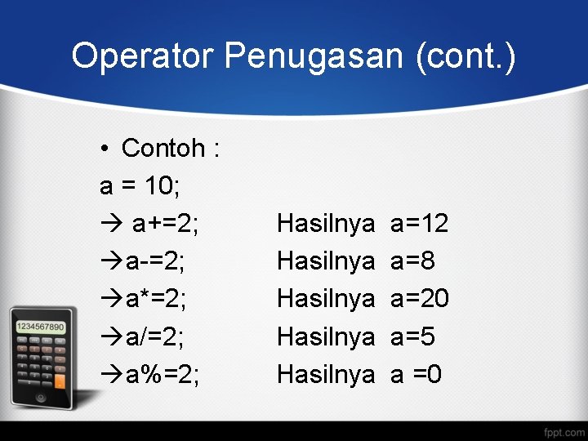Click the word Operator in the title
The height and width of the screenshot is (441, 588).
[143, 56]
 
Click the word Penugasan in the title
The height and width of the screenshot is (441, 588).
[314, 56]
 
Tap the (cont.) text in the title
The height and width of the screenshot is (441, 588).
[465, 56]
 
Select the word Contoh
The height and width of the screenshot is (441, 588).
[163, 148]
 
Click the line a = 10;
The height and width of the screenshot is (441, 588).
[140, 185]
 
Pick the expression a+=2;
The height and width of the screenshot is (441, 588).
[166, 223]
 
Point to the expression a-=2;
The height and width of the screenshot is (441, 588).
[155, 261]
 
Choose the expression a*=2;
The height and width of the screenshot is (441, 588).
[156, 299]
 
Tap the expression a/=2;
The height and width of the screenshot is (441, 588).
[155, 336]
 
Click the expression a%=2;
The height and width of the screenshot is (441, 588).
[163, 374]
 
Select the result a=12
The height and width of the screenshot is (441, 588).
[420, 223]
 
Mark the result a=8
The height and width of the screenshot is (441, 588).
[412, 261]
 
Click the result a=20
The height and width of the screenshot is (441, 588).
[420, 299]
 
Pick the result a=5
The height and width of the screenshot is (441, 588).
[412, 336]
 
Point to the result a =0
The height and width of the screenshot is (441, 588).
[416, 374]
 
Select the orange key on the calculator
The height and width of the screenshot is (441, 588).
[59, 381]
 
